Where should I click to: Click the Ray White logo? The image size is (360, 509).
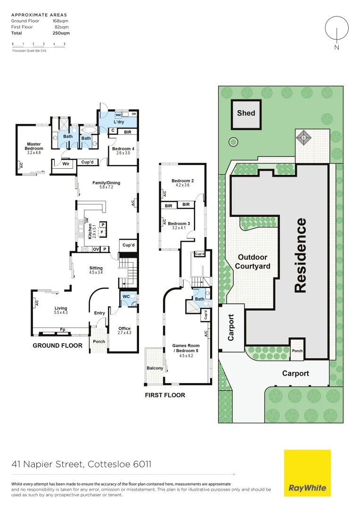(307, 473)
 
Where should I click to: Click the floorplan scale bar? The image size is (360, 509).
(39, 46)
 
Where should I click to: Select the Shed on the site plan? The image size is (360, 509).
(246, 113)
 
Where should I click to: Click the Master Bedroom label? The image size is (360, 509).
(34, 147)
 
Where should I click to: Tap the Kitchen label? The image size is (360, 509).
(90, 231)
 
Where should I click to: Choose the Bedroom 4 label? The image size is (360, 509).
(123, 149)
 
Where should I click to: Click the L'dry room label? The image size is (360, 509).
(118, 122)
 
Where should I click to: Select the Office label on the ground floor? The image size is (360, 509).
(124, 328)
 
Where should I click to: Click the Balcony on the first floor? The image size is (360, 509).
(155, 368)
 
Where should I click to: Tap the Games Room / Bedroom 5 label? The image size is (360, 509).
(186, 348)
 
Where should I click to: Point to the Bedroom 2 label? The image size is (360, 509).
(182, 181)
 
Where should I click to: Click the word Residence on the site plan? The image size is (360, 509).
(301, 255)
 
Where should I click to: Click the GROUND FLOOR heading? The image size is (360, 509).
(57, 346)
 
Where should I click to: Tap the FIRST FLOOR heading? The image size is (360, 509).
(165, 395)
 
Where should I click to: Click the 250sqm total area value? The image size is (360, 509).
(61, 33)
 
